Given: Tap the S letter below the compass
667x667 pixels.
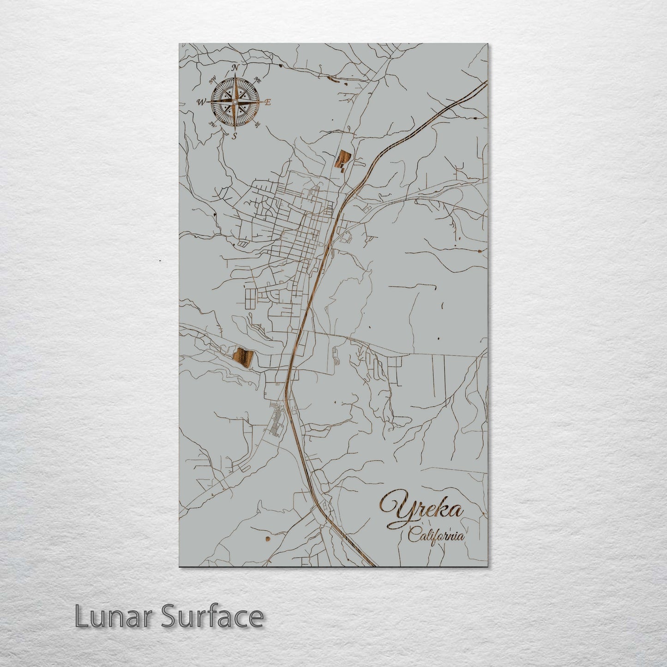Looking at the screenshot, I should click(234, 136).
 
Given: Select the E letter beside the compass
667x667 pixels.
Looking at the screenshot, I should click(267, 102).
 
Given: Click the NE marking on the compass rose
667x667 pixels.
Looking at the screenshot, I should click(258, 80).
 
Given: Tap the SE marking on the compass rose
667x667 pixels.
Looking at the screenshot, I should click(258, 124).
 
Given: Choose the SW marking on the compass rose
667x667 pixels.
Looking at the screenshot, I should click(213, 124).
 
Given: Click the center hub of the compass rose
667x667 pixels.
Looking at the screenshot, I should click(234, 102).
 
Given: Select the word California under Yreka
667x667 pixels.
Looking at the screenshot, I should click(436, 536).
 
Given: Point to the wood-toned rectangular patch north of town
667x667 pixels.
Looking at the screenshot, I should click(343, 160).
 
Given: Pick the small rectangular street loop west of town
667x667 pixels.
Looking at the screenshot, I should click(249, 299).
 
